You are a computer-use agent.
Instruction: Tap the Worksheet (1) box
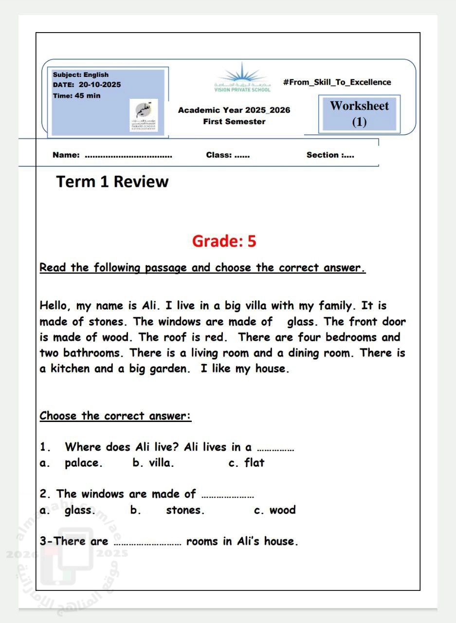tap(359, 113)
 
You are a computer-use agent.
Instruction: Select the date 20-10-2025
tap(99, 85)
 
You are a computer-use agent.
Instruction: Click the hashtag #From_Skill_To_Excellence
tap(337, 82)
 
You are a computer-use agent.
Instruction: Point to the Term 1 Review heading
tap(112, 182)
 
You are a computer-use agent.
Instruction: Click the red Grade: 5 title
tap(224, 241)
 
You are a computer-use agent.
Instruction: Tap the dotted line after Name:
tap(128, 156)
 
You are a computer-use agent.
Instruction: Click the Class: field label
tap(219, 155)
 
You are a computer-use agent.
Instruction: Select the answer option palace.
tap(83, 463)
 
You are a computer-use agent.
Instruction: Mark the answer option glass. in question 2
tap(80, 510)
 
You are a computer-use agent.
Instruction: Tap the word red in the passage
tap(220, 337)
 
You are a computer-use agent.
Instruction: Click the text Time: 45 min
tap(76, 95)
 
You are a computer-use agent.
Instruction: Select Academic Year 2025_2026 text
tap(234, 110)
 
